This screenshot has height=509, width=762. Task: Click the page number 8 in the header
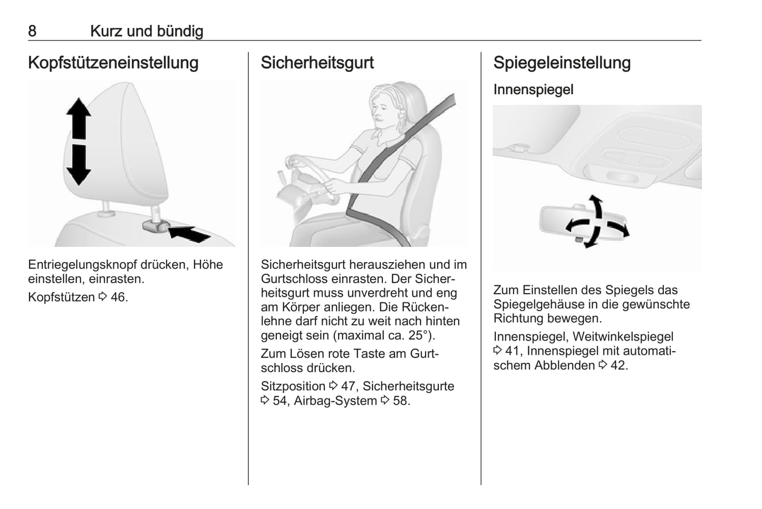(x=32, y=31)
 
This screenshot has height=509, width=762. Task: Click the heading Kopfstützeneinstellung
(x=113, y=63)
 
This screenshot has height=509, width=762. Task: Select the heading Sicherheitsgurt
(x=317, y=63)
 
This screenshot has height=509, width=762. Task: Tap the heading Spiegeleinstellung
(x=562, y=63)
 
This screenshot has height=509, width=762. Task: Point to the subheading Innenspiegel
(x=533, y=90)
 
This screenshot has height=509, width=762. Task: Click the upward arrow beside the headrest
(x=79, y=118)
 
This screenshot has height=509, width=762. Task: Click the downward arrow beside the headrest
(x=79, y=165)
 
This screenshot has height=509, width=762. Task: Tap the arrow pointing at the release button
(x=189, y=234)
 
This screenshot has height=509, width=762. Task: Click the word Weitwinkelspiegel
(x=623, y=337)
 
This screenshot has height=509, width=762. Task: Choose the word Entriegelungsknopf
(x=82, y=265)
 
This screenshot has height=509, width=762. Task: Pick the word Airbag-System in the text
(x=335, y=401)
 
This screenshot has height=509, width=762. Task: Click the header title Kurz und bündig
(x=147, y=31)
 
